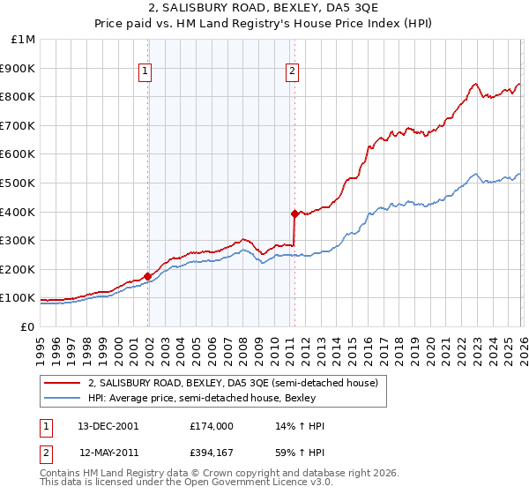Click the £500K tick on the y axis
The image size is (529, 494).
pos(18,183)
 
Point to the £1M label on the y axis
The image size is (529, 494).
pos(23,39)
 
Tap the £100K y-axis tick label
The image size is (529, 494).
pos(18,298)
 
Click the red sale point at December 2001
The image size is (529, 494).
pos(147,276)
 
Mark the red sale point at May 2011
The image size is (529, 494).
pos(294,213)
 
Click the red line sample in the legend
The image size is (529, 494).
pos(62,383)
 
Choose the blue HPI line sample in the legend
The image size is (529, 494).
pos(62,399)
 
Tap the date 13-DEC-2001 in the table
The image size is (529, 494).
pos(109,426)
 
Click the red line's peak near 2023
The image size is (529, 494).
pos(474,84)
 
